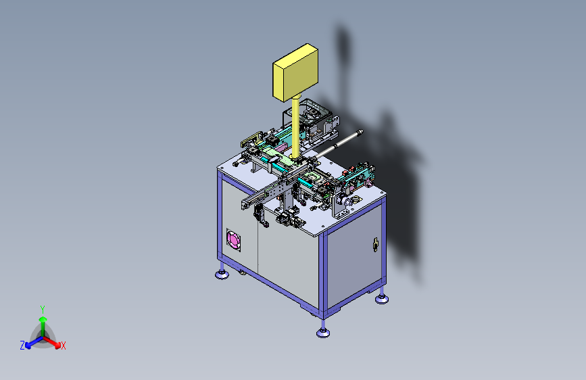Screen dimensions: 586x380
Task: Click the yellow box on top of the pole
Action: tap(295, 72)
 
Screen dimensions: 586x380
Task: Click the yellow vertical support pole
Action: tap(295, 126)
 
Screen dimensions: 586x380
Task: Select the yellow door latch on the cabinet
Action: tap(376, 244)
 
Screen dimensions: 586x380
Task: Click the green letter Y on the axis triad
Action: tap(43, 310)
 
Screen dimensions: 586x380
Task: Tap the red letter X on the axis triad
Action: tap(63, 346)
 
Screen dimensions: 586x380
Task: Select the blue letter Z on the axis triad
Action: tap(22, 346)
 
